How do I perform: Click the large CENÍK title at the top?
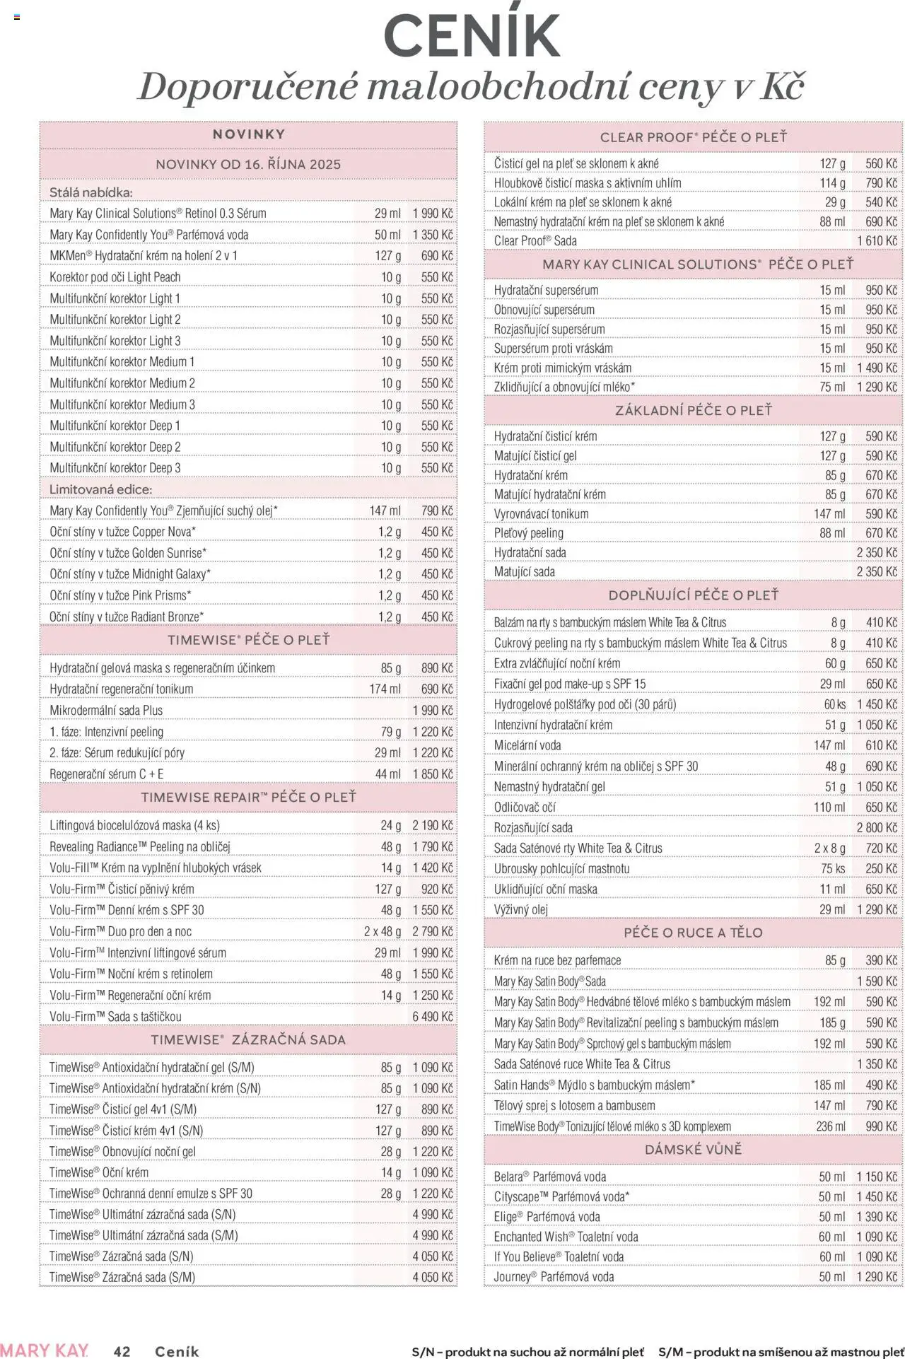472,35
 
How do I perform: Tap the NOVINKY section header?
248,134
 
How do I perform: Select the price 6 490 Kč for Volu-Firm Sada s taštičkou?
432,1017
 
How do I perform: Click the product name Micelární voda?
527,745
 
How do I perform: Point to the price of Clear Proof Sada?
877,241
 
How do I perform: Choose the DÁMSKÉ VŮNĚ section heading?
693,1150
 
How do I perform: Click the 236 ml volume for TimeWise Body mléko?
830,1126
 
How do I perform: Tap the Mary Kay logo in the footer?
45,1350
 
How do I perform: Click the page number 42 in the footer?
122,1351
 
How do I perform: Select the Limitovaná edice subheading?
100,489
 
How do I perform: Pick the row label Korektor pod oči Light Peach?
115,277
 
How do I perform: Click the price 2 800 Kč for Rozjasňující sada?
877,828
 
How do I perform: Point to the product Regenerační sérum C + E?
106,774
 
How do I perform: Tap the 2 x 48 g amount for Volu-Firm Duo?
383,932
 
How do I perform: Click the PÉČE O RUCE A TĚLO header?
693,933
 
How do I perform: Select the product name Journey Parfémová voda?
554,1277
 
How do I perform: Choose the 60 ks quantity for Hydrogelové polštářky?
834,704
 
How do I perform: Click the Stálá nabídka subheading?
90,192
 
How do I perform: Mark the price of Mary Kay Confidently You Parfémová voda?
432,235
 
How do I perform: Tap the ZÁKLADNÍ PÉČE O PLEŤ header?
693,410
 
